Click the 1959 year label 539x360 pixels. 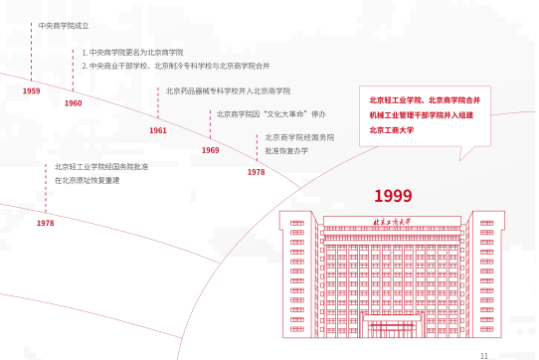pos(31,90)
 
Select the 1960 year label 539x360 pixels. pos(73,102)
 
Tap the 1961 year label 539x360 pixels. pos(157,130)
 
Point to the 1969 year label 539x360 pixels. pos(210,149)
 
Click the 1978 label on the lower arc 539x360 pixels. pos(45,224)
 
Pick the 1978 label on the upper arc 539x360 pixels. pos(256,172)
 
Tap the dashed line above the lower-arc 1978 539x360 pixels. pos(46,189)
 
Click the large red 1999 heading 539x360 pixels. pos(393,196)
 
